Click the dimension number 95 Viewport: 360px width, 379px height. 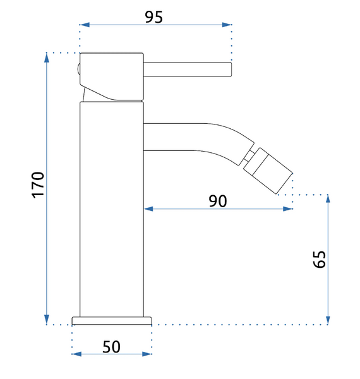(x=154, y=17)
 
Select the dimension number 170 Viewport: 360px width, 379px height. (x=38, y=185)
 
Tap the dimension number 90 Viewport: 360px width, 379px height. (x=218, y=201)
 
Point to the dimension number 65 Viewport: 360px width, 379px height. (x=319, y=259)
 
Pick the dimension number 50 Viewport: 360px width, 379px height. (x=111, y=347)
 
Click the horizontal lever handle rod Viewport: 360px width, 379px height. (x=188, y=69)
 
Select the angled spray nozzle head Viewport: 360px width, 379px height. (x=268, y=171)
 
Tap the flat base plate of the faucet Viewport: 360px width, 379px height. (x=112, y=320)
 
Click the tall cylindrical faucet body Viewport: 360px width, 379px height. (x=112, y=209)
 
